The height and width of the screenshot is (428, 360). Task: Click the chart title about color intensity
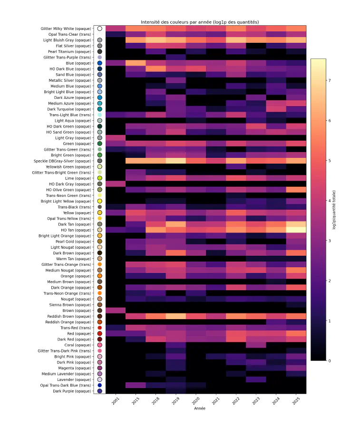pyautogui.click(x=199, y=22)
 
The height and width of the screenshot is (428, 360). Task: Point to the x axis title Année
pyautogui.click(x=200, y=408)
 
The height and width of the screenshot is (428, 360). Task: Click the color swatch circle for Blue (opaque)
pyautogui.click(x=99, y=63)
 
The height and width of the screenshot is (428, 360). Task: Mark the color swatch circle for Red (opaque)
pyautogui.click(x=99, y=333)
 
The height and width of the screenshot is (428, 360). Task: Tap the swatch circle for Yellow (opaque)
pyautogui.click(x=99, y=213)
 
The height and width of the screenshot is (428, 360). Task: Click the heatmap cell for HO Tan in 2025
pyautogui.click(x=296, y=230)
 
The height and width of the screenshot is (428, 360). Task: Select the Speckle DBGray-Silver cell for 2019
pyautogui.click(x=175, y=161)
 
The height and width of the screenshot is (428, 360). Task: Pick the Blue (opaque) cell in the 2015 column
pyautogui.click(x=136, y=63)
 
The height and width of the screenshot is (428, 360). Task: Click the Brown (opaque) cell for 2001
pyautogui.click(x=116, y=310)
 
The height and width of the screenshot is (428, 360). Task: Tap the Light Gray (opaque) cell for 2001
pyautogui.click(x=116, y=138)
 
